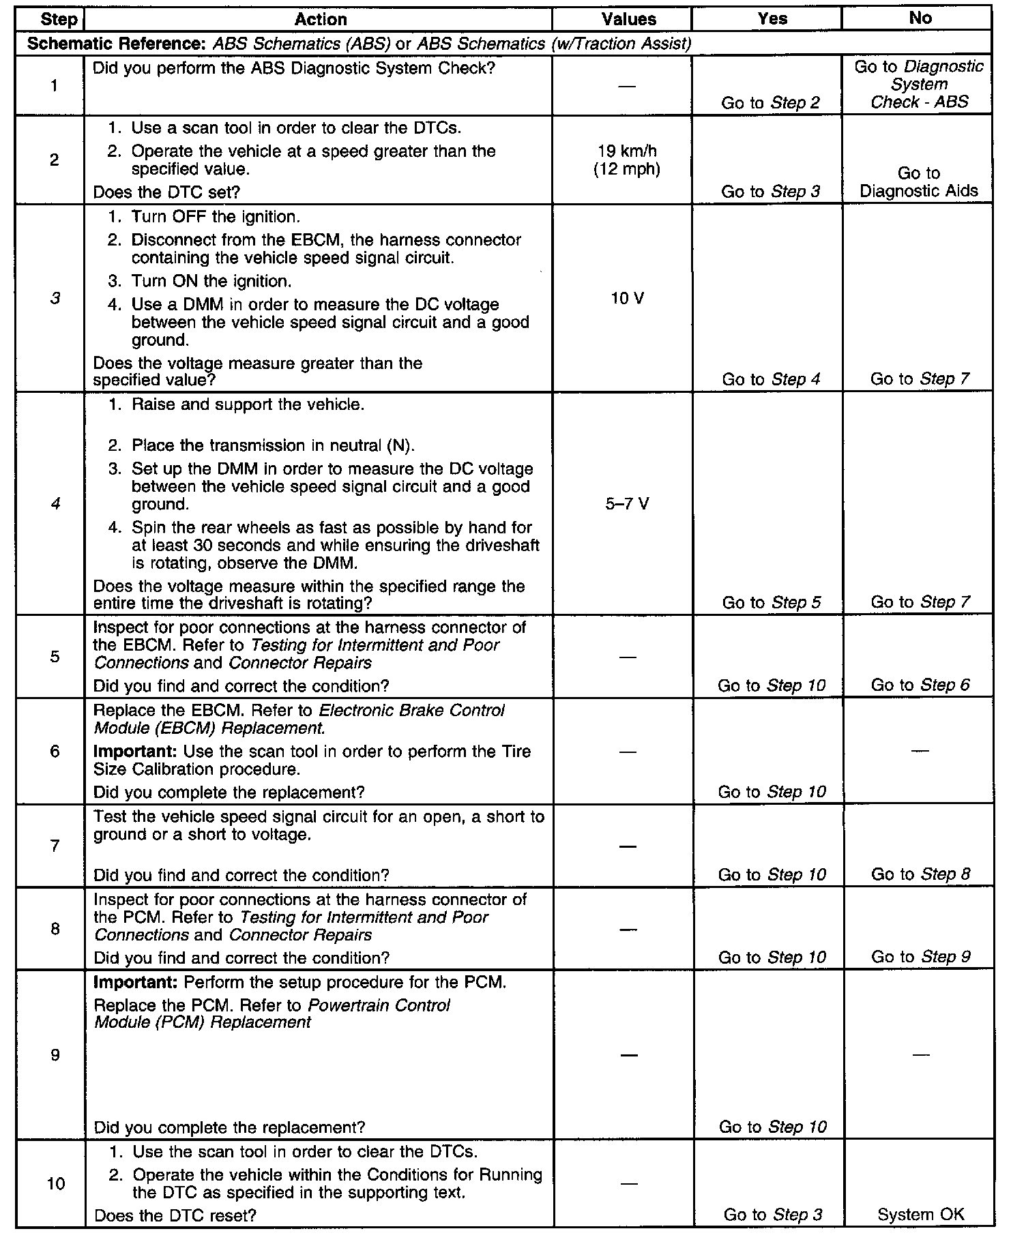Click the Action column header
tap(320, 19)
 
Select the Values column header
tap(628, 19)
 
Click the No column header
tap(920, 18)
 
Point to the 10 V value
tap(627, 298)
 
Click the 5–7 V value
tap(627, 504)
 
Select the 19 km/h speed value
tap(627, 151)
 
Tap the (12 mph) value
tap(627, 169)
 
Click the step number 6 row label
tap(55, 751)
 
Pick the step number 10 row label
tap(56, 1183)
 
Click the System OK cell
tap(920, 1215)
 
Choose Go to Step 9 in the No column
tap(920, 957)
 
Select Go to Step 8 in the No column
tap(920, 874)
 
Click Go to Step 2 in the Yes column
tap(771, 103)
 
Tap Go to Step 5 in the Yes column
tap(771, 602)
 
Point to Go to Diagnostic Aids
tap(919, 182)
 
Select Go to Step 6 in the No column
tap(920, 685)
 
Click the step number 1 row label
tap(54, 85)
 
